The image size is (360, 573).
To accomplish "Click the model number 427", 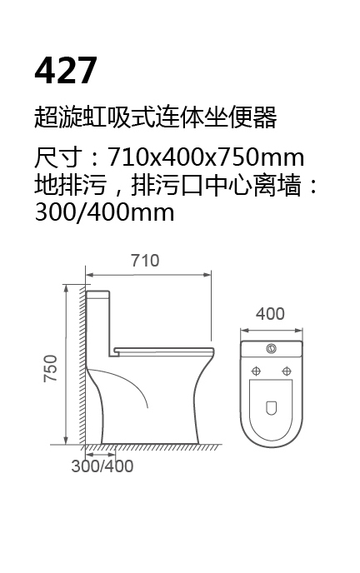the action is pos(66,70).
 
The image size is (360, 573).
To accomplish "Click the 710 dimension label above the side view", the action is pos(145,261).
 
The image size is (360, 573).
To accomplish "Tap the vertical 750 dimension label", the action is pos(51,368).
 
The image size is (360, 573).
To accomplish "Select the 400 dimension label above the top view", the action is pos(270,314).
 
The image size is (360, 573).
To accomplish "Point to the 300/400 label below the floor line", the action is pos(102,466).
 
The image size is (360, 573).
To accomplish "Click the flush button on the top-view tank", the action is pos(271,348).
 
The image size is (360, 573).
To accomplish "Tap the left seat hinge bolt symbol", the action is pos(256,371).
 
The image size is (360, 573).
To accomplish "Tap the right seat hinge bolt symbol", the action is pos(287,371).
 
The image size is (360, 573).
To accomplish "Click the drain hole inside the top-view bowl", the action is pos(271,408).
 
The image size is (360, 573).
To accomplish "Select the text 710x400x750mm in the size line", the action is pos(205,157).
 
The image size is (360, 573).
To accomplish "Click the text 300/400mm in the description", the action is pos(104,212).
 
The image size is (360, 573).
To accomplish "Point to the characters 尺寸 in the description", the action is pos(57,157).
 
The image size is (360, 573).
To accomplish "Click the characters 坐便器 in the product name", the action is pos(240,117).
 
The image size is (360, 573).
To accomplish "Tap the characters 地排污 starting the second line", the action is pos(70,185).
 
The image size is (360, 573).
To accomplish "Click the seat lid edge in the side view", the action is pos(164,351).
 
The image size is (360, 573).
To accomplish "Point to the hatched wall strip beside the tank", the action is pos(83,365).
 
